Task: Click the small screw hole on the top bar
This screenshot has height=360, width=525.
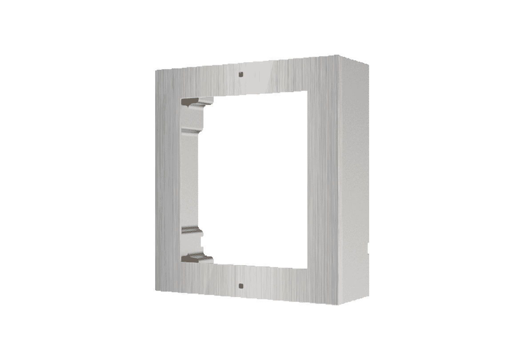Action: (x=240, y=74)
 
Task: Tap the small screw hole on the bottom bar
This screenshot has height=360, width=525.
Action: (x=240, y=285)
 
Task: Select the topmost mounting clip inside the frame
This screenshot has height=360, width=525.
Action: (x=195, y=103)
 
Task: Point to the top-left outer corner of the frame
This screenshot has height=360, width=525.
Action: (x=155, y=69)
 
